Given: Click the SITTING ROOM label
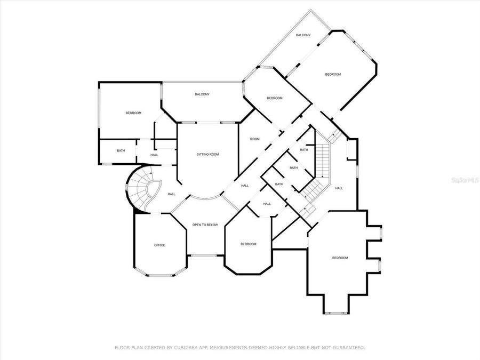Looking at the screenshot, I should click(x=208, y=155).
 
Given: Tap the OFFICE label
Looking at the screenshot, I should click(x=159, y=245).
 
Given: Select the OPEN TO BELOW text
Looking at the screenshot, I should click(x=205, y=225).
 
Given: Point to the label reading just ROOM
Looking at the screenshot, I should click(x=255, y=139).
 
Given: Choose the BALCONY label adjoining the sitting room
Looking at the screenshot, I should click(x=202, y=94).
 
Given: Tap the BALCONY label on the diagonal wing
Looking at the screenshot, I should click(x=303, y=35).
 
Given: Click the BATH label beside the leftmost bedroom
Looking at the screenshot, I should click(x=121, y=151).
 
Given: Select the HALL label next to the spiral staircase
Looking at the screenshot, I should click(x=172, y=194).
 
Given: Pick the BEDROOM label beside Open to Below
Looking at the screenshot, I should click(x=248, y=244).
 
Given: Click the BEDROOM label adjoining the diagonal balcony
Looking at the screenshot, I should click(x=333, y=75).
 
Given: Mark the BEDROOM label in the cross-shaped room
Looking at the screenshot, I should click(x=340, y=258).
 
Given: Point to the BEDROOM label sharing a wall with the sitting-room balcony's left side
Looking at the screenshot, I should click(x=133, y=113).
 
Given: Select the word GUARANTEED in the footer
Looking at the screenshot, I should click(x=348, y=348).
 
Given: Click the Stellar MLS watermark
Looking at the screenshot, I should click(x=465, y=181).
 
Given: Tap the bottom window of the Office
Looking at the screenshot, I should click(x=160, y=276).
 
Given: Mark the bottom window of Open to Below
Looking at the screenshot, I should click(x=204, y=255).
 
